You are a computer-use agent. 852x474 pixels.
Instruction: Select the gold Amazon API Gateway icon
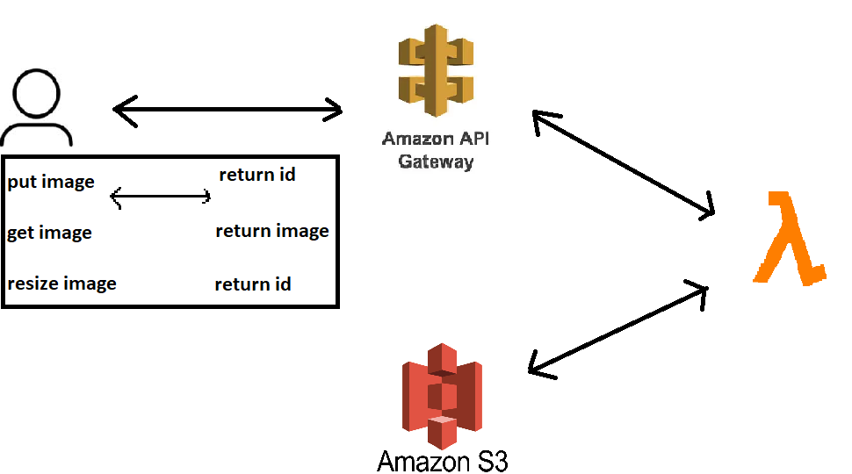[436, 70]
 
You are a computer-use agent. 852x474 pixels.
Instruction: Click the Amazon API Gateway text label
[436, 150]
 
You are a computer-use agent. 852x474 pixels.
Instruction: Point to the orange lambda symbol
[789, 238]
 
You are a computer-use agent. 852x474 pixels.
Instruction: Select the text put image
[51, 183]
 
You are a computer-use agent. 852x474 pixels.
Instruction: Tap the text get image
[49, 233]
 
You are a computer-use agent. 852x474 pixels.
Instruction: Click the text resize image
[61, 284]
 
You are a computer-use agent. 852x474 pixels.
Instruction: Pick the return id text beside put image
[256, 175]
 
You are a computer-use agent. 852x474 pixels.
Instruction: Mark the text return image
[271, 231]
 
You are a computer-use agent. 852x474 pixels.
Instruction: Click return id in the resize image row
[253, 284]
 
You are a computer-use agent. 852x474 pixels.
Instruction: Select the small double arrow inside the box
[161, 197]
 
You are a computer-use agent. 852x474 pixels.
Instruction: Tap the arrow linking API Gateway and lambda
[624, 163]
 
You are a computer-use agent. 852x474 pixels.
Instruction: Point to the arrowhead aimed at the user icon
[123, 111]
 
